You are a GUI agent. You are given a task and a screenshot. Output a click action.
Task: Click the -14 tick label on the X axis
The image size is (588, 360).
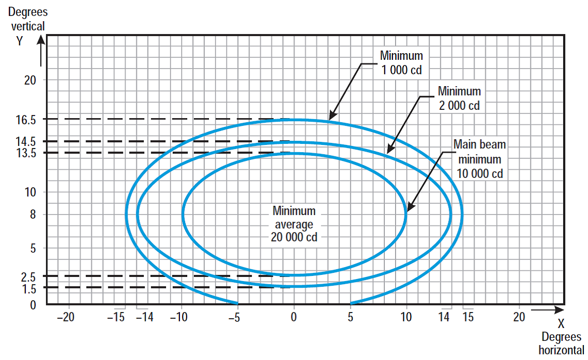(146, 317)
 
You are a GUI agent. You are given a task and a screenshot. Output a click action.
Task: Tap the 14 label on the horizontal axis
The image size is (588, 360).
(444, 317)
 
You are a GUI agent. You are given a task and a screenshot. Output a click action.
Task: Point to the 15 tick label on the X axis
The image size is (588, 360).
(468, 317)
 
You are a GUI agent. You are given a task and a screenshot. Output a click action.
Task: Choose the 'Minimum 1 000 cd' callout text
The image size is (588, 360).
(401, 62)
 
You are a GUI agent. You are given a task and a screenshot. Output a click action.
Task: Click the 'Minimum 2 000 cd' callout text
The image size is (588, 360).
(459, 99)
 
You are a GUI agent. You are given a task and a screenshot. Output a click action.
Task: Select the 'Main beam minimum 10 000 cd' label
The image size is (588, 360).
(480, 159)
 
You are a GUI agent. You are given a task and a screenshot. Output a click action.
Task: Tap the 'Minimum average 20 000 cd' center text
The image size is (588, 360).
(294, 224)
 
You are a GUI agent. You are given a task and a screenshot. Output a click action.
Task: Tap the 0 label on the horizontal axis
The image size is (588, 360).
(294, 317)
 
